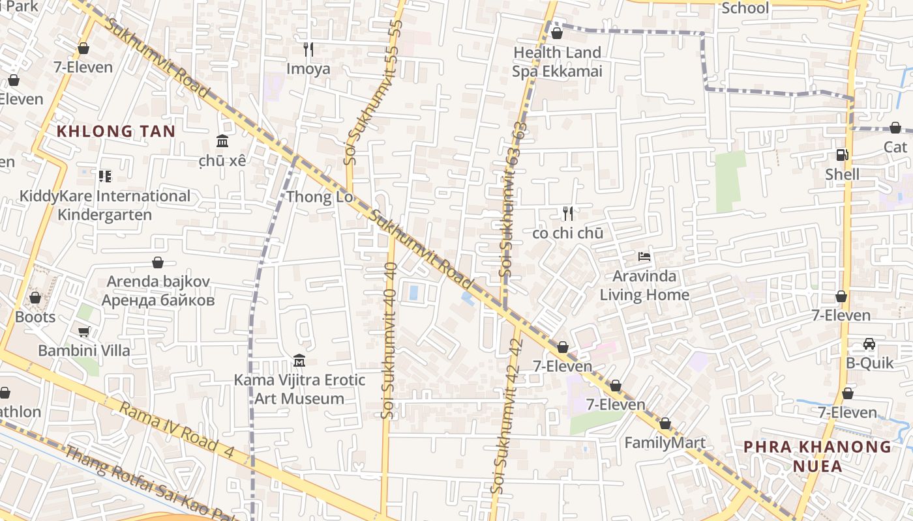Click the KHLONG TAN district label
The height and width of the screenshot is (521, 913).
click(116, 131)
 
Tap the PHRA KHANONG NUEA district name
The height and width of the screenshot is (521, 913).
click(817, 456)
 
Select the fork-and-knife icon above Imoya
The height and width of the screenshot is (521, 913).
click(308, 49)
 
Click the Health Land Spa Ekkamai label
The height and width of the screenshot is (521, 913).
click(557, 62)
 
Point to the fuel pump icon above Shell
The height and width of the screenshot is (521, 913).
click(842, 155)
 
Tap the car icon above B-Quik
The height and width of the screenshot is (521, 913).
click(869, 343)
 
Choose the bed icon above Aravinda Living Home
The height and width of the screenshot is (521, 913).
click(644, 257)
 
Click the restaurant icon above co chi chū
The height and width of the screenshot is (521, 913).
click(567, 213)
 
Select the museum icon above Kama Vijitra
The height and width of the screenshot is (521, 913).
click(299, 360)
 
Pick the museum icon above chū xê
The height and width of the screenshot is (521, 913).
click(222, 141)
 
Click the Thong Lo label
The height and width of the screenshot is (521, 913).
click(320, 197)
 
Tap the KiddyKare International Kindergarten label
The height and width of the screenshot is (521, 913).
click(104, 205)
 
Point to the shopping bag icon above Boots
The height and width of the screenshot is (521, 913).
click(35, 298)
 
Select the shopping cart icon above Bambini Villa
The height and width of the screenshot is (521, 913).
click(83, 331)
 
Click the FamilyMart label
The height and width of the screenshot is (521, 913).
click(665, 443)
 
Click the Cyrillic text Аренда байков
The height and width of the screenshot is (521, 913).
click(158, 300)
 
